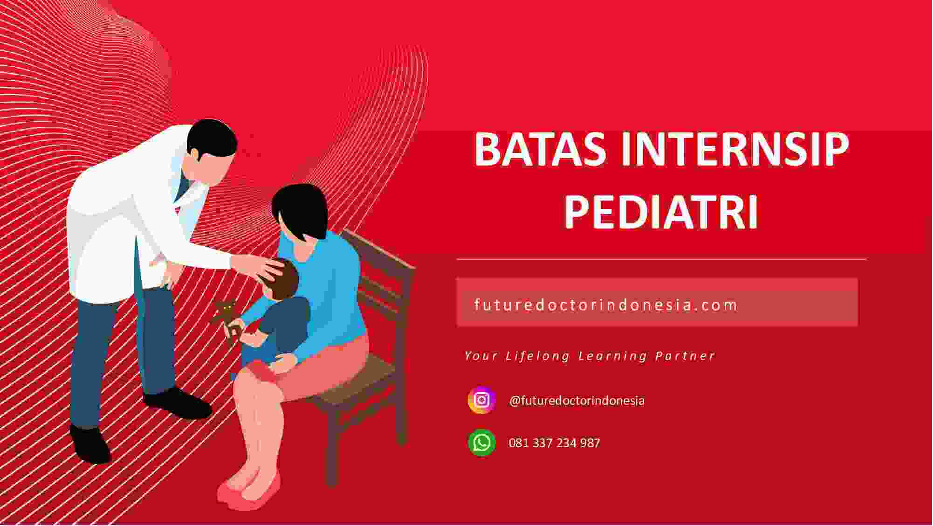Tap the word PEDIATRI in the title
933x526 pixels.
[661, 213]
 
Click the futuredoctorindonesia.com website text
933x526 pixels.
[606, 305]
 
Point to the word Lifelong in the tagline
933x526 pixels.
[538, 356]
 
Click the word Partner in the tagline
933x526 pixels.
[685, 356]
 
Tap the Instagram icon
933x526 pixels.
[482, 400]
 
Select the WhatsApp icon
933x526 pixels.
[482, 443]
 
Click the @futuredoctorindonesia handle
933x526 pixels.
[577, 401]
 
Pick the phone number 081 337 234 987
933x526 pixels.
[555, 443]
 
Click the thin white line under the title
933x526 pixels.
[661, 259]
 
